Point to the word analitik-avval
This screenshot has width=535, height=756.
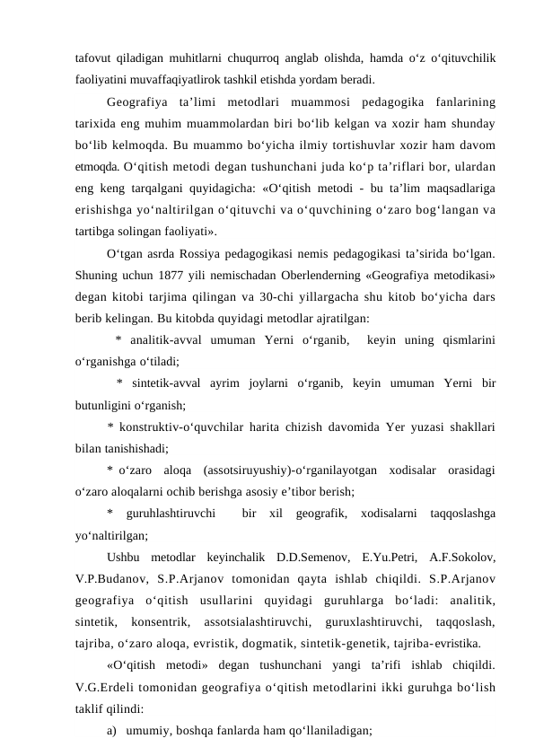coord(162,339)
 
